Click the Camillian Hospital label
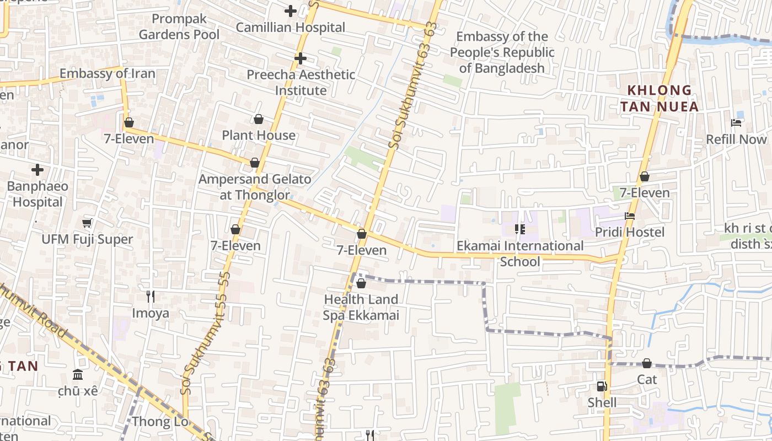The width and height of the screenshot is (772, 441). (290, 27)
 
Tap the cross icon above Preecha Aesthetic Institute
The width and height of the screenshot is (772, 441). (300, 58)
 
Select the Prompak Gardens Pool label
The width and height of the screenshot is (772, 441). (179, 26)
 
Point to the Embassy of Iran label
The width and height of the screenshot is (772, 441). (108, 73)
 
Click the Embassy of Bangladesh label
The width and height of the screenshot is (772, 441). (502, 52)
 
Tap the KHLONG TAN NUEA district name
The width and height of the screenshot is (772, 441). (659, 98)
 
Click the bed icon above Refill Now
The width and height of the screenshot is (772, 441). (736, 122)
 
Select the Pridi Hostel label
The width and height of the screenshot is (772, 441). (630, 232)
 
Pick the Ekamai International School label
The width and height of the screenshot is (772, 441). (520, 253)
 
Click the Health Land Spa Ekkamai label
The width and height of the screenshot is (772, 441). (361, 308)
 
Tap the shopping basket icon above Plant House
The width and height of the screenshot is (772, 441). (258, 119)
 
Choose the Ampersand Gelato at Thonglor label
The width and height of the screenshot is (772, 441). (255, 187)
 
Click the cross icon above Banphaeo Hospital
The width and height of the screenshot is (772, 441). (37, 169)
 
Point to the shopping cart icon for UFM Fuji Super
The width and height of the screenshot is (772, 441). (87, 223)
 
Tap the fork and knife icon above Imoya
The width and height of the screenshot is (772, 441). (150, 297)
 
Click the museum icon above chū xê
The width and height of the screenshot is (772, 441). (78, 375)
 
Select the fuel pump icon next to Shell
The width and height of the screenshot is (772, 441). (602, 386)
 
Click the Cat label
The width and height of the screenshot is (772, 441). (647, 379)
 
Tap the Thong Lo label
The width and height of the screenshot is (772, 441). (159, 422)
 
